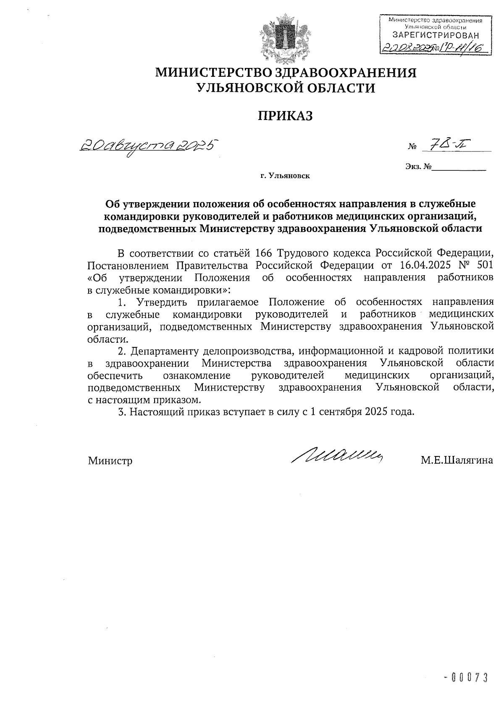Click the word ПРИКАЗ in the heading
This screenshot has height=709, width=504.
286,116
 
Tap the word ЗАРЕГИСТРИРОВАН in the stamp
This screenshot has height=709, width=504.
435,35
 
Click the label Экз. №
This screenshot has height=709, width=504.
419,167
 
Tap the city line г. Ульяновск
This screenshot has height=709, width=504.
285,176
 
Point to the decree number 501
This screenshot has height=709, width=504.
484,266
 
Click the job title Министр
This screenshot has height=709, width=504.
110,461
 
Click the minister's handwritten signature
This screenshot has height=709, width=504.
339,455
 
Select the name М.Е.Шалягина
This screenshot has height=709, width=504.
457,461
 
